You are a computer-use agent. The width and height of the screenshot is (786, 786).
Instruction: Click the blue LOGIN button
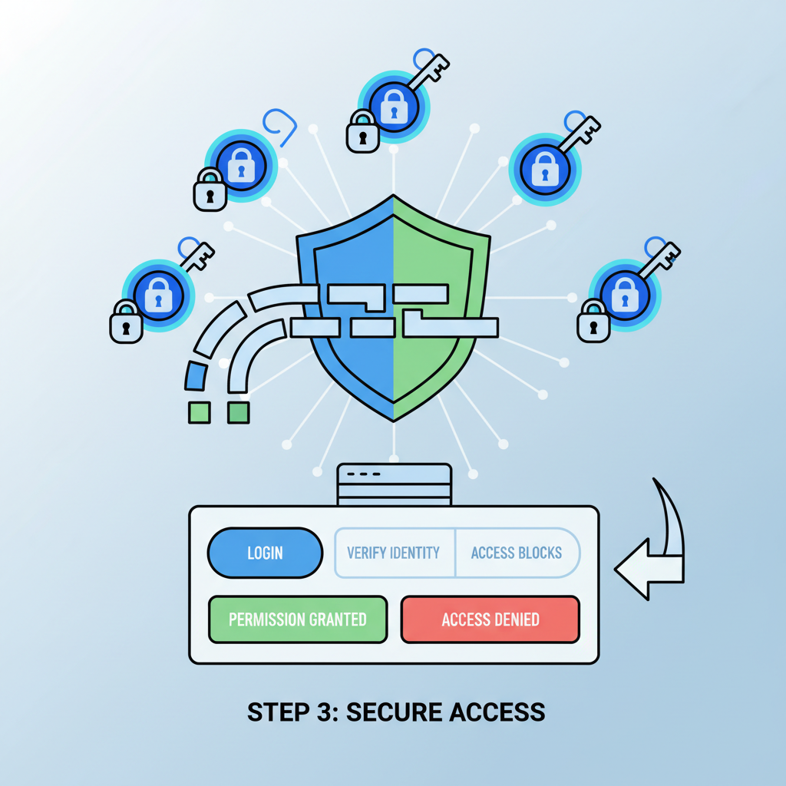[265, 553]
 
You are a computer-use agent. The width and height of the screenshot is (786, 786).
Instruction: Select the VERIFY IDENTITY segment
[394, 553]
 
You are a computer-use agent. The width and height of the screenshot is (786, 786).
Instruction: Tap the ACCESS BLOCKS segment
[517, 553]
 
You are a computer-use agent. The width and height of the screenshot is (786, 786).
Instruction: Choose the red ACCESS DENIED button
[490, 619]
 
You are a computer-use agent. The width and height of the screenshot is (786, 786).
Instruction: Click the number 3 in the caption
[322, 712]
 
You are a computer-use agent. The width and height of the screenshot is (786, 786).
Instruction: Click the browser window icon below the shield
[394, 484]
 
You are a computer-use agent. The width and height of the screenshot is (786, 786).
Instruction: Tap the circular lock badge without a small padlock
[545, 170]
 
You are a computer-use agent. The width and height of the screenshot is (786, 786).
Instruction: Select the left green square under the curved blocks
[199, 412]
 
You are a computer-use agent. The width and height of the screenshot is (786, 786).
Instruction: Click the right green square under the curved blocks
[239, 412]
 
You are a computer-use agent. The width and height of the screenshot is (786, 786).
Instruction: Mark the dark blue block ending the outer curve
[196, 377]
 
